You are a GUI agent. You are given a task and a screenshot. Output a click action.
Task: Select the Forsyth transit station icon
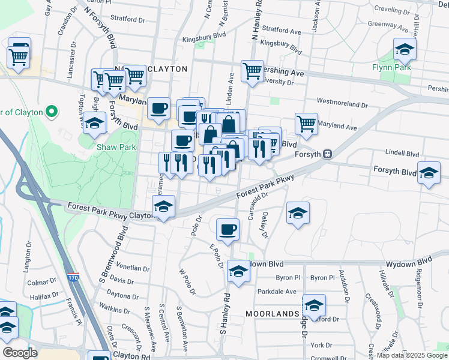(327, 154)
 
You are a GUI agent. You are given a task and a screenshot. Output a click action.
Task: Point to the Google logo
(19, 353)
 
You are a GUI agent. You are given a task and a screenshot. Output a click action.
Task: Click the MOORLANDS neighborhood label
(273, 314)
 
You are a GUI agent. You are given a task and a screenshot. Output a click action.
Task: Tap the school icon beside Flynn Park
(405, 50)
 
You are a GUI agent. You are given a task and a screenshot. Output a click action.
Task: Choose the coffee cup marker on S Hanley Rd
(228, 229)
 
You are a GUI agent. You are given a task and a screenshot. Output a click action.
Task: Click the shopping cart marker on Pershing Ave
(252, 70)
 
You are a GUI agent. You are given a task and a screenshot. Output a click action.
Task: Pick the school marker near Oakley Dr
(297, 213)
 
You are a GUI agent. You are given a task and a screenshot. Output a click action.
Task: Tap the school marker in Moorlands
(313, 304)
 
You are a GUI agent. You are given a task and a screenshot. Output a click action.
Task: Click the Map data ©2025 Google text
(411, 355)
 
